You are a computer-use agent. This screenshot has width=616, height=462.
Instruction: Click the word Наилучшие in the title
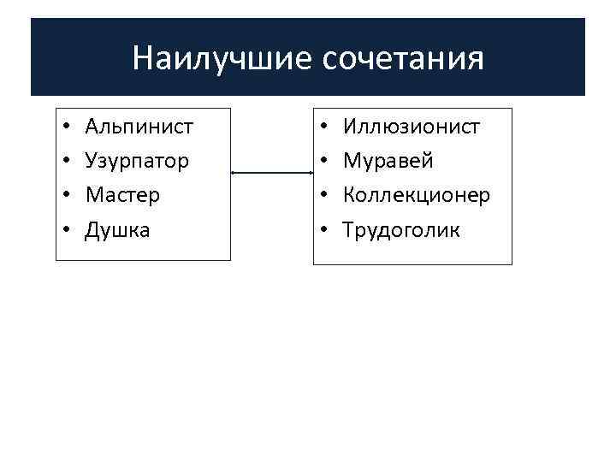[x=224, y=59]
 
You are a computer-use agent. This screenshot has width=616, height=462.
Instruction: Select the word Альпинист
[x=139, y=127]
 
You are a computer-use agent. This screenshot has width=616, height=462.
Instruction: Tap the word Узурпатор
[x=138, y=161]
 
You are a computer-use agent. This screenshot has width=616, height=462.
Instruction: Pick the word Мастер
[x=122, y=195]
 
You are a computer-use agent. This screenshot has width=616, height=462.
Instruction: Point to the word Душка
[x=117, y=229]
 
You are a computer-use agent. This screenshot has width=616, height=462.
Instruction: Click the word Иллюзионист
[x=412, y=127]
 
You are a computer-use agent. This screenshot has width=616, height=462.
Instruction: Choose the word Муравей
[x=388, y=161]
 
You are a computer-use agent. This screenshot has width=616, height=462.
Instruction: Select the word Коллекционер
[x=417, y=195]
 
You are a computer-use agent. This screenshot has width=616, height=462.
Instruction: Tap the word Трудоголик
[x=401, y=229]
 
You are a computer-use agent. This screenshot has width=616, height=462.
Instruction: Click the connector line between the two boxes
[x=272, y=173]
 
